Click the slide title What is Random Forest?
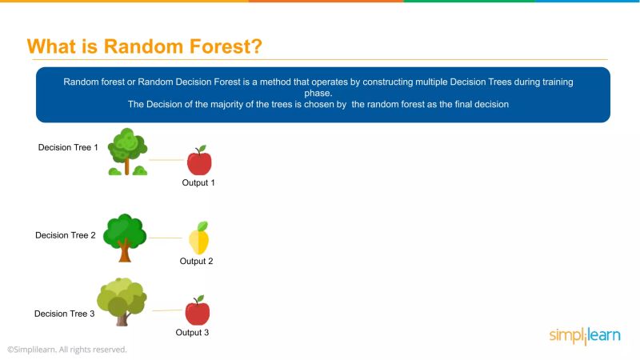coord(145,46)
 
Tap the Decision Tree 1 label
coord(68,147)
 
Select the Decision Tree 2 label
coord(66,235)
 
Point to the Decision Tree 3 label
coord(64,314)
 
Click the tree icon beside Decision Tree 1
coord(127,151)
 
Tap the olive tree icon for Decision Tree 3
coord(122,302)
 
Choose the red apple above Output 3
coord(197,310)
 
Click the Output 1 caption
coord(198,182)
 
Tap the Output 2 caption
coord(196,261)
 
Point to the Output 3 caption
coord(192,333)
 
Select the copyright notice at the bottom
coord(67,350)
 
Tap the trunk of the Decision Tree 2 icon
coord(124,253)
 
